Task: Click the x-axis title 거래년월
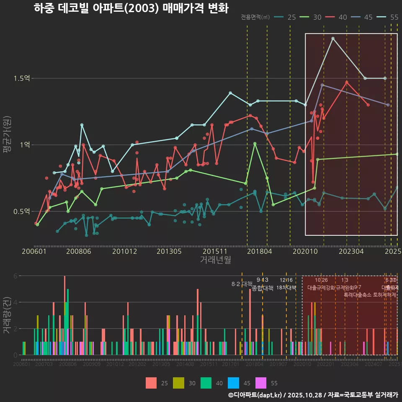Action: coord(215,260)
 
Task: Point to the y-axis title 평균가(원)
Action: coord(7,141)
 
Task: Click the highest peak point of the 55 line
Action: coord(333,39)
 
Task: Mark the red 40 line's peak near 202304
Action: coord(347,82)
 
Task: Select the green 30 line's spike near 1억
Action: coord(255,144)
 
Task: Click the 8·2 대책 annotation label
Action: coord(242,284)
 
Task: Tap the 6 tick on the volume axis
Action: coord(15,276)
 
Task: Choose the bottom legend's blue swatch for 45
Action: coord(234,383)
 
